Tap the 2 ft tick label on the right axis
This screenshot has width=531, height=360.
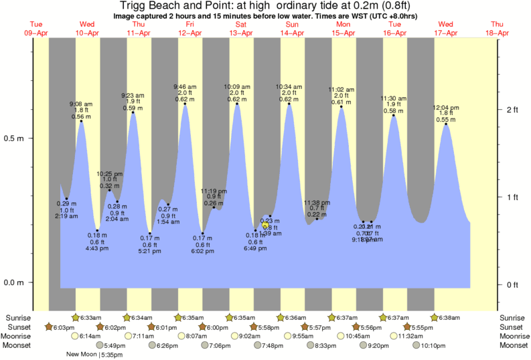coord(513,109)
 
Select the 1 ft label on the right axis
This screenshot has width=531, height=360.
coord(513,197)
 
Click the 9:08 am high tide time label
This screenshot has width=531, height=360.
coord(82,104)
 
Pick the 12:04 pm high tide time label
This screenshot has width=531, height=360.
coord(446,107)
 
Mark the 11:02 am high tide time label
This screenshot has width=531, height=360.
coord(341,89)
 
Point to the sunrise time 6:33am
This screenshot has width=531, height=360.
coord(90,317)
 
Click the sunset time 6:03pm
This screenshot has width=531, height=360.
coord(64,327)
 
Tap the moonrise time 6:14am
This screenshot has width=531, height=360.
coord(89,336)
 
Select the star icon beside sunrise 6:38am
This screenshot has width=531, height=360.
coord(434,317)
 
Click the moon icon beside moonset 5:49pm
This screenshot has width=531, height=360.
coord(100,345)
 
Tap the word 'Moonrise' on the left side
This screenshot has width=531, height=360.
coord(20,336)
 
